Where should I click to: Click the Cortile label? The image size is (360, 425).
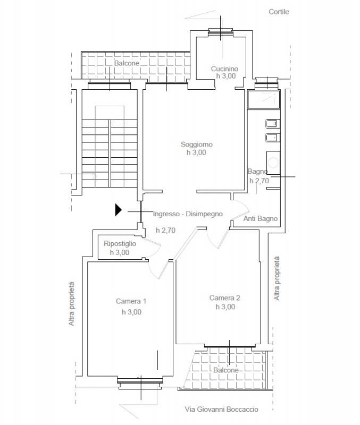pos(279,12)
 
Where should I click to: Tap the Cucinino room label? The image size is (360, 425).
pos(224,69)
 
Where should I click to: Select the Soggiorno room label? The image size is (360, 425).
pos(197,144)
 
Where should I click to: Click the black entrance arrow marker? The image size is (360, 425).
pos(118,210)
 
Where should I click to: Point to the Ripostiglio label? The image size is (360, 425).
pos(120,244)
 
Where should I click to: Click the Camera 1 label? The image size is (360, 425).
pos(131,301)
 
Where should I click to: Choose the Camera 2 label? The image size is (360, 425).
pos(224,298)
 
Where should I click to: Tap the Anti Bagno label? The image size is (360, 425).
pos(261,219)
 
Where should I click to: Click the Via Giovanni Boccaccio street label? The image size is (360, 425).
pos(221,409)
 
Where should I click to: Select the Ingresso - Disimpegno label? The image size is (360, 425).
pos(188,214)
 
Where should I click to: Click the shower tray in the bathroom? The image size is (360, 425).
pos(264,99)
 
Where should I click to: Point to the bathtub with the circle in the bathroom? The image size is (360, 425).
pos(273,163)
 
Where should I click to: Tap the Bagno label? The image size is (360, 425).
pos(257,172)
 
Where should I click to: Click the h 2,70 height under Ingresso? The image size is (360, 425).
pos(165,231)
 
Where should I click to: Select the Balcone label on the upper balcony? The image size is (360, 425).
pos(127,63)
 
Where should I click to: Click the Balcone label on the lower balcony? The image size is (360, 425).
pos(226,370)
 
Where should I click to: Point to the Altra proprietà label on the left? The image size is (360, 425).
pos(71,304)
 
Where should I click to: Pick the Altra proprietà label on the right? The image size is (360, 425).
pos(277,278)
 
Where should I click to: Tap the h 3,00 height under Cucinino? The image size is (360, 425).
pos(226,76)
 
